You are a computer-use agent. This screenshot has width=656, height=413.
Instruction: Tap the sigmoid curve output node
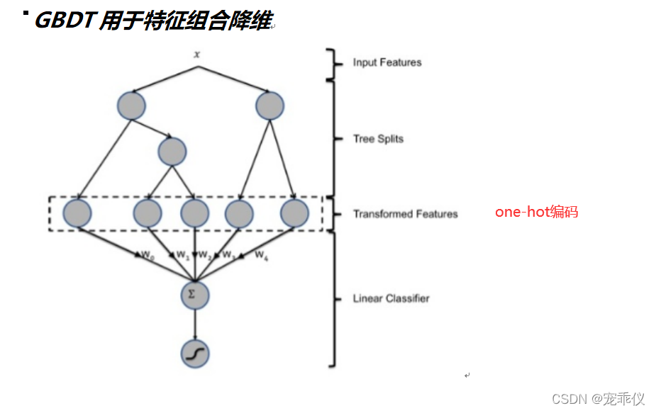195,353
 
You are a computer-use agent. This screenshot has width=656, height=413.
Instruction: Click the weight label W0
148,254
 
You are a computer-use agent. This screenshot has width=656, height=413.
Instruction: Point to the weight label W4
261,254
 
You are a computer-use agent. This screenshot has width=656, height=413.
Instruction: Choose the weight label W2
204,254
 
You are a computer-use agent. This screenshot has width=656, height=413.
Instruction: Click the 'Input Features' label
387,62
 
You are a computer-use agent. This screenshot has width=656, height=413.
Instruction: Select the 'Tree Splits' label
378,139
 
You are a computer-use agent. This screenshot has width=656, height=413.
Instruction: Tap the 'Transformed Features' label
405,214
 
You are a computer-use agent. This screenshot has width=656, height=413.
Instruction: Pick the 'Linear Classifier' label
391,298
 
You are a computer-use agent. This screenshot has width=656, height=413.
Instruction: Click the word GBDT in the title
65,21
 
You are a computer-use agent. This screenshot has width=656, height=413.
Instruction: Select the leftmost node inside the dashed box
77,213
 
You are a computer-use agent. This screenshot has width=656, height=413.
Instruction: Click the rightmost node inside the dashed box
294,213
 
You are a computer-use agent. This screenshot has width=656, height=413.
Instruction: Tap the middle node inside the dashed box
195,213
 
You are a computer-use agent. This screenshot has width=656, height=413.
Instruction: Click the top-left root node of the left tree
131,106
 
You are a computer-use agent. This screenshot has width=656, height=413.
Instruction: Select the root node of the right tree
269,106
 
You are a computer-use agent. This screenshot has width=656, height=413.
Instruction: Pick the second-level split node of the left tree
172,151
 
